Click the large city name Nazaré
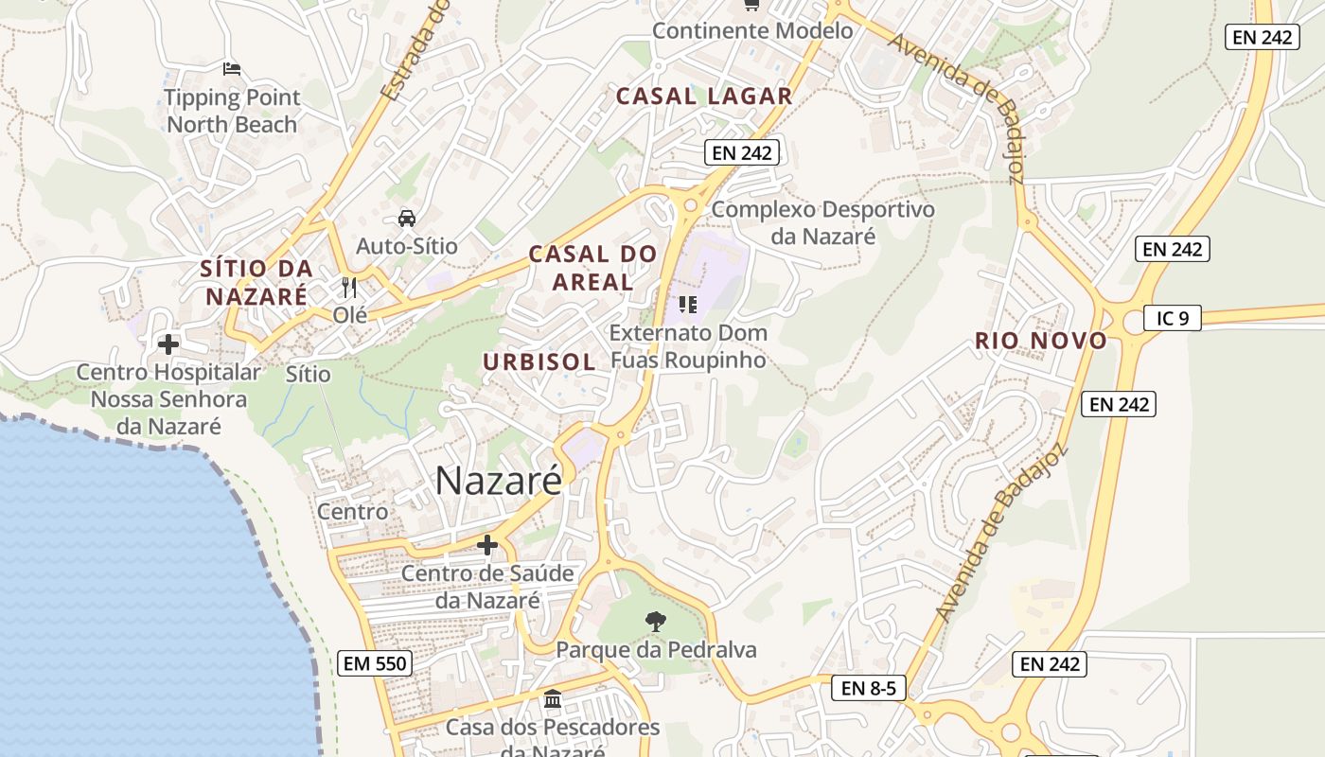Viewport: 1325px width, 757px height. [x=499, y=481]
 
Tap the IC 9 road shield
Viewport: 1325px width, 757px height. [x=1172, y=318]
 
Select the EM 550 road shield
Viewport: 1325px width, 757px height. [x=375, y=663]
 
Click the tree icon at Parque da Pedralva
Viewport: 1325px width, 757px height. [x=654, y=621]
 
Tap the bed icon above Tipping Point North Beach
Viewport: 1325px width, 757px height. [x=232, y=68]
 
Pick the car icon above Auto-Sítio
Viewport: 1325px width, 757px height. [x=406, y=219]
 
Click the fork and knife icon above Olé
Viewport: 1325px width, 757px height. [x=349, y=287]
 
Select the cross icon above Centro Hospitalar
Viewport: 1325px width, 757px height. [x=168, y=344]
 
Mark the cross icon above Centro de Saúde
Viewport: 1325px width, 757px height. [x=487, y=545]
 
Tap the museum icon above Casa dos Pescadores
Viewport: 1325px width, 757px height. [x=553, y=699]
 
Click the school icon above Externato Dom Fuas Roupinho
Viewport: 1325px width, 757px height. [x=688, y=304]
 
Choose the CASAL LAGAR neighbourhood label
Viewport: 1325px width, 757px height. [x=704, y=96]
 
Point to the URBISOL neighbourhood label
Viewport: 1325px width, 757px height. [x=539, y=361]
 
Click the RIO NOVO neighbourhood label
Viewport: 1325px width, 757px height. [x=1041, y=341]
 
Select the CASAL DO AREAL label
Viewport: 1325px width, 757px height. [x=592, y=268]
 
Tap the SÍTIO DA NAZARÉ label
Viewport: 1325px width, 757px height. [x=256, y=282]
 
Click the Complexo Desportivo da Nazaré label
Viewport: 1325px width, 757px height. [x=822, y=222]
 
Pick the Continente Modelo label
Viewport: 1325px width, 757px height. [x=752, y=30]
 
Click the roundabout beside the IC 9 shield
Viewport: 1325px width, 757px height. [x=1127, y=320]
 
